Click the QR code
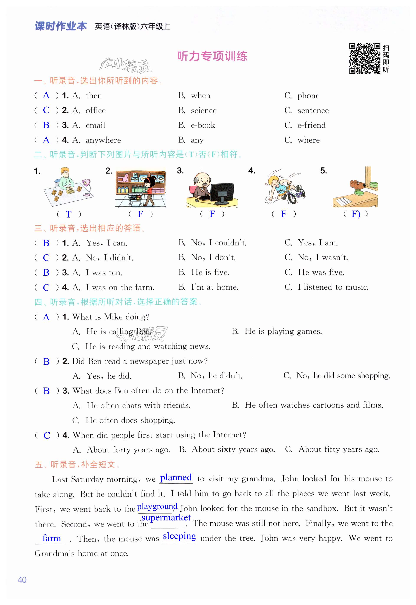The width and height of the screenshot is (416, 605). (364, 59)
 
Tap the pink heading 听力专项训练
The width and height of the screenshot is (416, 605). (212, 56)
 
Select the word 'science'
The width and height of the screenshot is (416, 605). (204, 110)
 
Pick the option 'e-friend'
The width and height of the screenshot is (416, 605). (311, 125)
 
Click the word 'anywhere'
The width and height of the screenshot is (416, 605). (103, 140)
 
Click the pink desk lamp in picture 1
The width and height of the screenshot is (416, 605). (87, 186)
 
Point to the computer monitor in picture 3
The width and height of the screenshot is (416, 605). (222, 193)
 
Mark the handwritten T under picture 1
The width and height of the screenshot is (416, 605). (69, 214)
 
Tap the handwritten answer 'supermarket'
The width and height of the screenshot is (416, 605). (166, 517)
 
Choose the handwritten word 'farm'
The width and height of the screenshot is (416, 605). (52, 538)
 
